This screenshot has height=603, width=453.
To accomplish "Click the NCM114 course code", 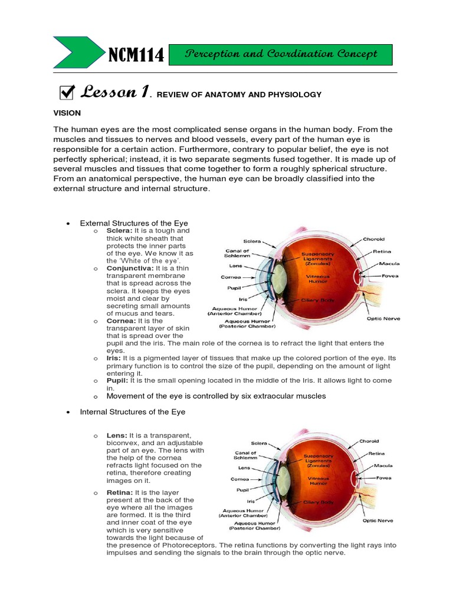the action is pyautogui.click(x=136, y=55).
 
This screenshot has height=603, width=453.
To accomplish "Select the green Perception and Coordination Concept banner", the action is pyautogui.click(x=281, y=54).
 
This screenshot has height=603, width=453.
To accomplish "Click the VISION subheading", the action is pyautogui.click(x=67, y=112).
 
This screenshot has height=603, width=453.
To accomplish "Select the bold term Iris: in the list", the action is pyautogui.click(x=114, y=358).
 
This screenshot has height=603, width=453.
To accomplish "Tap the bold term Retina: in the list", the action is pyautogui.click(x=119, y=492).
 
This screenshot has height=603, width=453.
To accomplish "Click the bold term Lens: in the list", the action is pyautogui.click(x=116, y=435).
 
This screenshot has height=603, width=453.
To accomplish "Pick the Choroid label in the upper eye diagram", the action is pyautogui.click(x=374, y=239).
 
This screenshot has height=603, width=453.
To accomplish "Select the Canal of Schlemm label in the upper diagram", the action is pyautogui.click(x=237, y=254).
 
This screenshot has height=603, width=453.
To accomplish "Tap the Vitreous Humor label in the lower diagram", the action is pyautogui.click(x=317, y=481).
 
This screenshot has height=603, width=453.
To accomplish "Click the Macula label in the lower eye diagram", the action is pyautogui.click(x=383, y=465).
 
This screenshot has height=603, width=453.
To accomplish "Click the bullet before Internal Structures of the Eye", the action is pyautogui.click(x=69, y=412).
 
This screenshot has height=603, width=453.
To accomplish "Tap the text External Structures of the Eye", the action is pyautogui.click(x=134, y=224).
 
